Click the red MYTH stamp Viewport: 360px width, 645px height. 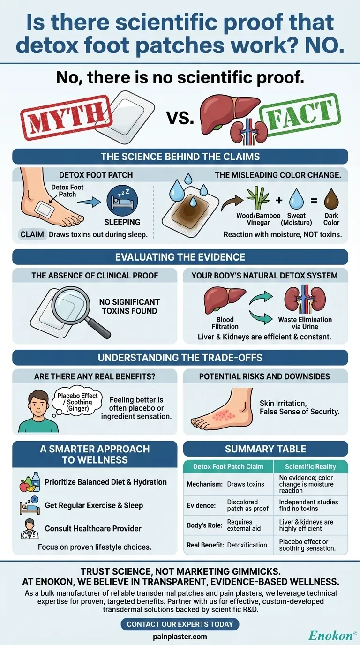[67, 118]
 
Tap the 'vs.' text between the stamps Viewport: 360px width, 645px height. [180, 117]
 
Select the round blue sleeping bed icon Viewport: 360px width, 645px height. [122, 201]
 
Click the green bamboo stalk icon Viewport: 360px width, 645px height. [258, 198]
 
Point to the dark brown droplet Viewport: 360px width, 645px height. [331, 198]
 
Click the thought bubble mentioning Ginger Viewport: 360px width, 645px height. [76, 401]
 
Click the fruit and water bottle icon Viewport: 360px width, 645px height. [30, 482]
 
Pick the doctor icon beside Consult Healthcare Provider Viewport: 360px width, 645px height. [30, 529]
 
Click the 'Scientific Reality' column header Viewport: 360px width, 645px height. [310, 466]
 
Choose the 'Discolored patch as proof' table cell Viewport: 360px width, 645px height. [247, 505]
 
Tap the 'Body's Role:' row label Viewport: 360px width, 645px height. [204, 525]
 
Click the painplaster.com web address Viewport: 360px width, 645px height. [180, 637]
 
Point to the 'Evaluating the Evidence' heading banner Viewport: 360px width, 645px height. [180, 257]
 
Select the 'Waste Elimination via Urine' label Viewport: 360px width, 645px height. [305, 323]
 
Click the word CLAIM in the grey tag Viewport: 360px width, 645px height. [33, 234]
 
